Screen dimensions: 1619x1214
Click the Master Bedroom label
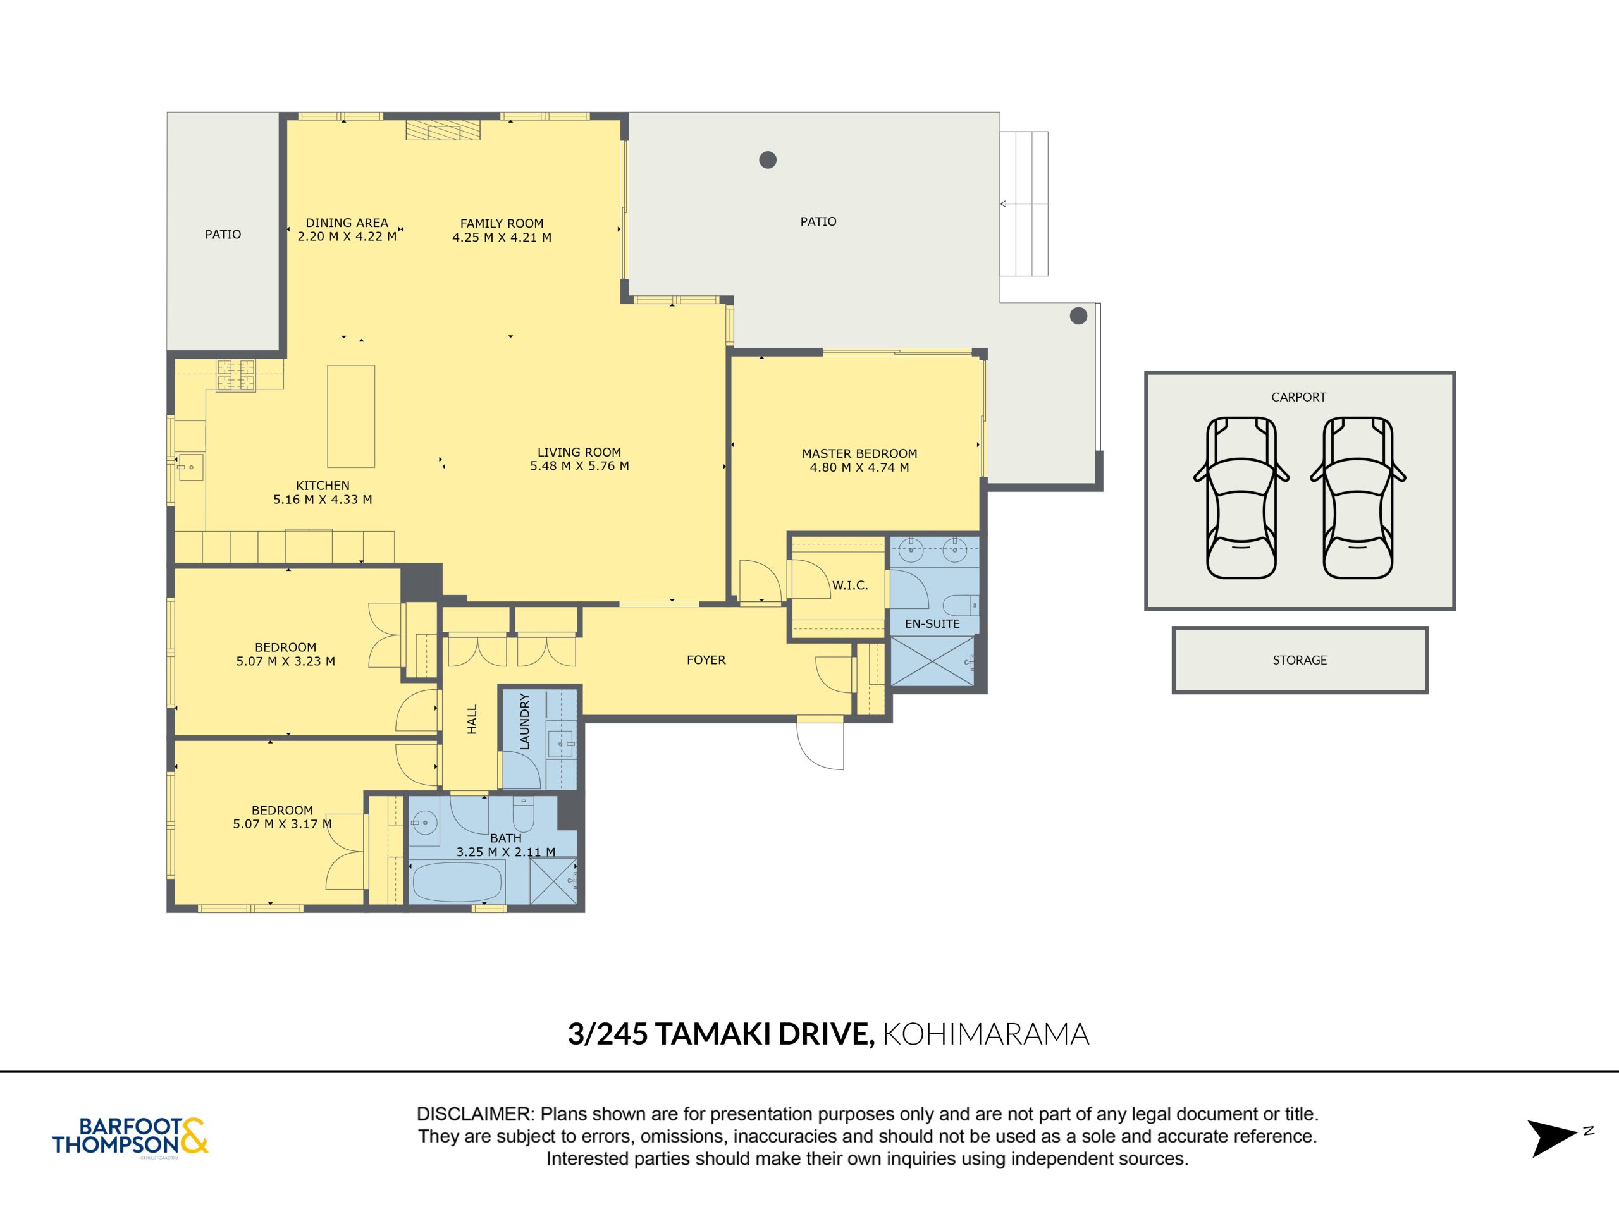(x=859, y=454)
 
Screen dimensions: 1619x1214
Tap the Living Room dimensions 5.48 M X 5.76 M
(x=580, y=466)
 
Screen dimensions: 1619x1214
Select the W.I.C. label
(x=850, y=586)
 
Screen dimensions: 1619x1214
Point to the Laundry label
(x=524, y=721)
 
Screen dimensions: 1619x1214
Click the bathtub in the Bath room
(x=458, y=882)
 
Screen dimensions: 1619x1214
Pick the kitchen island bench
(x=352, y=417)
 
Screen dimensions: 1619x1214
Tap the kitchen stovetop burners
(x=236, y=376)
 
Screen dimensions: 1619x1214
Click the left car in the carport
(x=1241, y=498)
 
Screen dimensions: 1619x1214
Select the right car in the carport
(x=1358, y=498)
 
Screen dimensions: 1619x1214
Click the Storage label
(x=1300, y=660)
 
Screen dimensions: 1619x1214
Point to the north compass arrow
(x=1551, y=1139)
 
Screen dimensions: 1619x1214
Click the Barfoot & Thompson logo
(x=130, y=1136)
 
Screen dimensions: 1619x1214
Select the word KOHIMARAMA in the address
(x=986, y=1034)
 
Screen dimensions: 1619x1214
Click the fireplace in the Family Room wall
(x=443, y=130)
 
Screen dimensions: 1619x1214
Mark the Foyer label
(x=706, y=660)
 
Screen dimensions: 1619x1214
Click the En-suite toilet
(x=959, y=604)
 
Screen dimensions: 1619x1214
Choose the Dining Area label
(x=347, y=223)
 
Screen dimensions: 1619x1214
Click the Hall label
(x=472, y=720)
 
